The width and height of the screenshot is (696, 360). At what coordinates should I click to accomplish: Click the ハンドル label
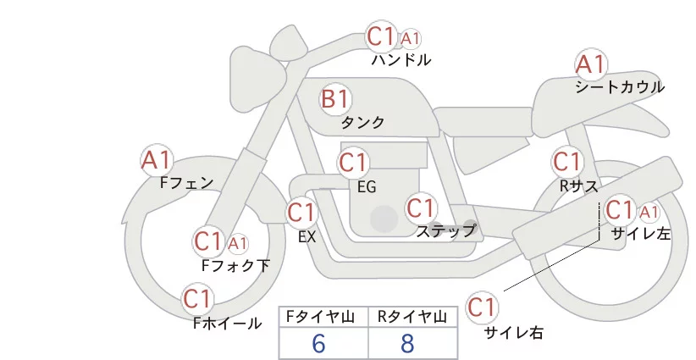pos(401,60)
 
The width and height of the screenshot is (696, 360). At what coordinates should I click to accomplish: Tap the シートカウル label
pos(619,86)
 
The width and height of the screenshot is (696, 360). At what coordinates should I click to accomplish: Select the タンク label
pos(362,122)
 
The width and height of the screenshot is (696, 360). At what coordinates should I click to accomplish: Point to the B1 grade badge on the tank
pos(334,99)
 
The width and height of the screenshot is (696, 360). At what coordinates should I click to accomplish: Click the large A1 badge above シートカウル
pos(590,64)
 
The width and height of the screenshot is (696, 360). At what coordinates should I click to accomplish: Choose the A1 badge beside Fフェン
pos(157,159)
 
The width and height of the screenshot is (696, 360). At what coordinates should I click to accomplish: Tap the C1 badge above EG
pos(353,162)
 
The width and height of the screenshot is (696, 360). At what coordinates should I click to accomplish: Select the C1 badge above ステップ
pos(420,208)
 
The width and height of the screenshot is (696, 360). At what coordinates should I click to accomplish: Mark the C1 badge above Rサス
pos(566,161)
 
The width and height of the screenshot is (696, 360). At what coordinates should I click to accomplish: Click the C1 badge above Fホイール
pos(197,299)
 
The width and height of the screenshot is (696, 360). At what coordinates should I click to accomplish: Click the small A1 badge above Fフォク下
pos(238,244)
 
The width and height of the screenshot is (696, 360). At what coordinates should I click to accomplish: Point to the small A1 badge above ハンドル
pos(411,39)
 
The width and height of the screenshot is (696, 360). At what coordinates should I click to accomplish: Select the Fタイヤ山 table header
pos(323,317)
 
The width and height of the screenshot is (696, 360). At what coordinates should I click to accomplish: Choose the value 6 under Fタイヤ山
pos(319,344)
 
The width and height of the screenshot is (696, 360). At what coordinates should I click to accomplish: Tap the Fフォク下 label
pos(236,266)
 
